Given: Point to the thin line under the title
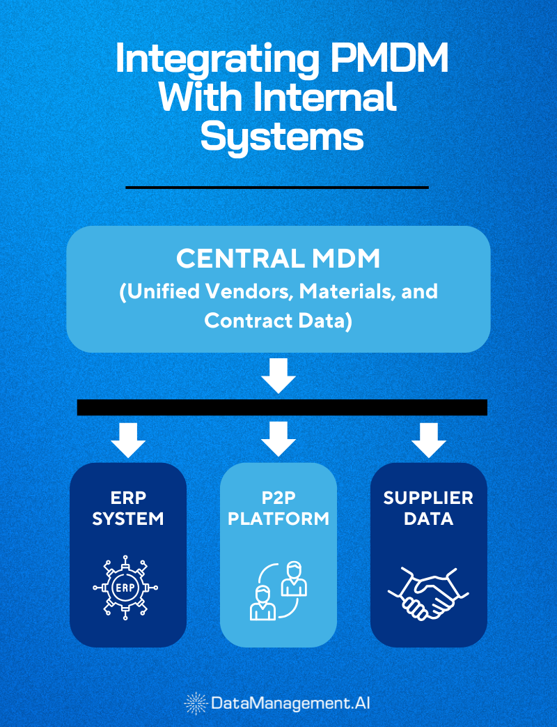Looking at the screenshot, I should pos(277,187).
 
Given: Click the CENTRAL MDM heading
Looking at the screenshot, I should pos(278,259).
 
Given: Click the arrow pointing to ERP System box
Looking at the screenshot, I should pos(128,439).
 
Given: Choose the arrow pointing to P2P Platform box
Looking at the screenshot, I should pos(278,439).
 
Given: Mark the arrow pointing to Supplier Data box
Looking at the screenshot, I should pos(429,439).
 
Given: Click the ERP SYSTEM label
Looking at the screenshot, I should pos(128,508).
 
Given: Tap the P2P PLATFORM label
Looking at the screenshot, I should pos(278,508).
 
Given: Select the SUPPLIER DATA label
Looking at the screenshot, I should pos(429,508).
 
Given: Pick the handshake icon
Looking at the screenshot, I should pos(428,593).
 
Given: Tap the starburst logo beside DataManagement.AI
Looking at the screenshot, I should pos(196,703).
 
